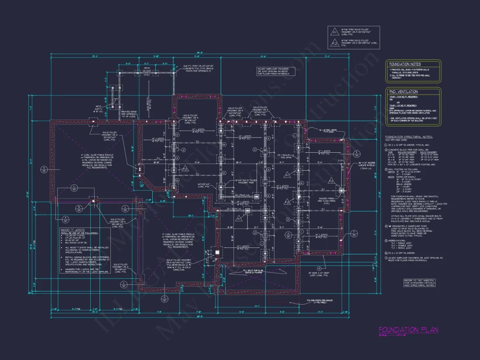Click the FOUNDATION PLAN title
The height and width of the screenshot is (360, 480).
[x=408, y=330]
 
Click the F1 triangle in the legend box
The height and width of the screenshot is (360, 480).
[x=335, y=32]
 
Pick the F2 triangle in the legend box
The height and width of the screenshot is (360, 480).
[x=335, y=43]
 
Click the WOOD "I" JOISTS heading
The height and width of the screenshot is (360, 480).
[x=73, y=230]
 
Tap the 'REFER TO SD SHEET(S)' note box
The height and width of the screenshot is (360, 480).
[x=419, y=283]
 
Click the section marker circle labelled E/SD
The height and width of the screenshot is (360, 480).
[x=356, y=154]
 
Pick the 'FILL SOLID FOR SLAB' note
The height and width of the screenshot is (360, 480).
[x=252, y=272]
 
